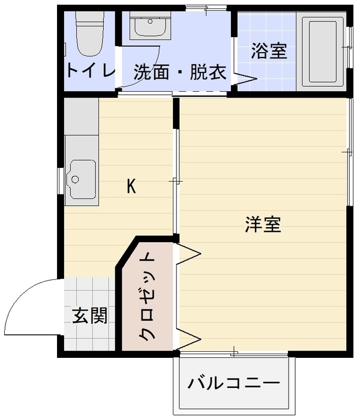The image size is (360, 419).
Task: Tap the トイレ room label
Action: pyautogui.click(x=91, y=70)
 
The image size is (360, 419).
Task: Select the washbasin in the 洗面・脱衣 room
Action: pyautogui.click(x=150, y=25)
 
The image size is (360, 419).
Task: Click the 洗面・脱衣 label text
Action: pyautogui.click(x=180, y=72)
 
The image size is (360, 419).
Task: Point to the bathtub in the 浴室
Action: pyautogui.click(x=322, y=52)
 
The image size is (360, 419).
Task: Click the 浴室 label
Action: pyautogui.click(x=269, y=51)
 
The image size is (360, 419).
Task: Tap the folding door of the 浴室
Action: pyautogui.click(x=245, y=79)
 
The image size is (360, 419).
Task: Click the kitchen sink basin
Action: pyautogui.click(x=82, y=180)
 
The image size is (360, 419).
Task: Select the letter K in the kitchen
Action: pyautogui.click(x=131, y=186)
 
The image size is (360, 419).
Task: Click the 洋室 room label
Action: pyautogui.click(x=263, y=224)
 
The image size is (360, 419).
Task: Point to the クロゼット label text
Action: pyautogui.click(x=147, y=297)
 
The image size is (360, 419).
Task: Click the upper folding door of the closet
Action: pyautogui.click(x=188, y=254)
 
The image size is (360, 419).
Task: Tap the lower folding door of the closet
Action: pyautogui.click(x=188, y=339)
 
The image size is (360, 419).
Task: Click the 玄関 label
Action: pyautogui.click(x=90, y=315)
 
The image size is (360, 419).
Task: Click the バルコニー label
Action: pyautogui.click(x=233, y=383)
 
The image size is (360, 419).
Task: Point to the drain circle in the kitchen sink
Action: pyautogui.click(x=75, y=179)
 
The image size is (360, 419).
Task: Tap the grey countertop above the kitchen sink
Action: pyautogui.click(x=82, y=116)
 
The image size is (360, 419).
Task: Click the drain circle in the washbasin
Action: pyautogui.click(x=150, y=21)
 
